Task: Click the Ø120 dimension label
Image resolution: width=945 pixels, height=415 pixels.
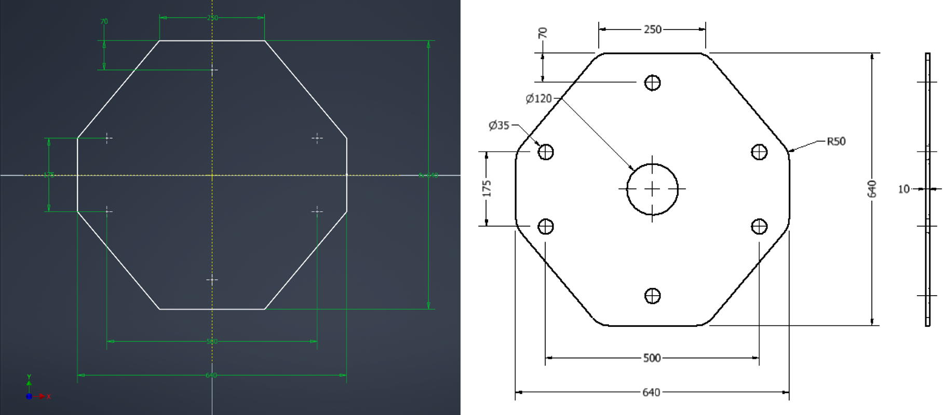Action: pos(538,99)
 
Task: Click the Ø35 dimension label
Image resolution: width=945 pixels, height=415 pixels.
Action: pos(498,126)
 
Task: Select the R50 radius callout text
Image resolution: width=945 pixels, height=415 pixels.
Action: pos(836,141)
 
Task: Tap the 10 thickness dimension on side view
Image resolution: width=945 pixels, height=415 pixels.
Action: pos(903,189)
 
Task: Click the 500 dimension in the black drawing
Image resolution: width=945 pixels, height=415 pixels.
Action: pos(652,358)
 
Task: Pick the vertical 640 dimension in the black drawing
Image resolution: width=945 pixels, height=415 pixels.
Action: pos(872,189)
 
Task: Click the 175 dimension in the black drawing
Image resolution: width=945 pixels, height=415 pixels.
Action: pos(487,188)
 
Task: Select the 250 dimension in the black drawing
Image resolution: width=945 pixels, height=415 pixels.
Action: pos(652,30)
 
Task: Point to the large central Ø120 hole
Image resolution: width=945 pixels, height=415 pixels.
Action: pos(652,189)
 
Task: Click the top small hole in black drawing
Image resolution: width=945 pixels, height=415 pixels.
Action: pos(652,82)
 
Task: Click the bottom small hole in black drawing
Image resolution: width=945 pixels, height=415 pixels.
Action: pos(652,296)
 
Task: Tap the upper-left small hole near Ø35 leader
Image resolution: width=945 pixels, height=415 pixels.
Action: pos(546,152)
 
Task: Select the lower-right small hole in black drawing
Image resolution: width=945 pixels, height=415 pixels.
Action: pos(759,226)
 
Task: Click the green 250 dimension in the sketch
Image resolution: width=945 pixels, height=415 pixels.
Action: pos(212,18)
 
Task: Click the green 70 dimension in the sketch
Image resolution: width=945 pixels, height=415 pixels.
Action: pos(104,22)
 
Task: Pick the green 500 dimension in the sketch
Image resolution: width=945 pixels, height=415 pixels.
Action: pos(211,341)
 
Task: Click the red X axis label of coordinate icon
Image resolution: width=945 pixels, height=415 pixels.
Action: pos(49,397)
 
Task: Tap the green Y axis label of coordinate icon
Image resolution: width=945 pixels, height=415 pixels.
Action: pos(29,377)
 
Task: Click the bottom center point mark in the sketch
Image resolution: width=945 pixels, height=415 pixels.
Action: pos(212,280)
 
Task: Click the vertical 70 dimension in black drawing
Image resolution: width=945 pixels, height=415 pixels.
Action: pos(543,33)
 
